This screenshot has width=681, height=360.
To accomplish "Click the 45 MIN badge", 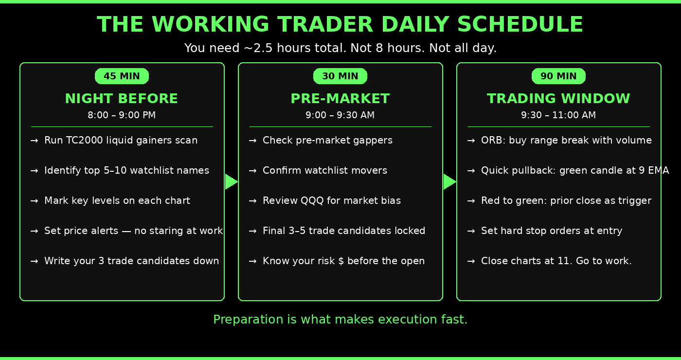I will coord(122,76).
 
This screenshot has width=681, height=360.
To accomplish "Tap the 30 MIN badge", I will coord(340,76).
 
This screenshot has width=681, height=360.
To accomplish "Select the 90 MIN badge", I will coord(558,76).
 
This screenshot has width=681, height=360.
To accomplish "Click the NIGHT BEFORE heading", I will coord(122,99).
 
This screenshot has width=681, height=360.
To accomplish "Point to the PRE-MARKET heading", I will coord(340,99).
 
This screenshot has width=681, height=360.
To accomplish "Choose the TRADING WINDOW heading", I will coord(558,99).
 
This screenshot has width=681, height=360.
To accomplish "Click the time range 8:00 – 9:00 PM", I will coord(122,115).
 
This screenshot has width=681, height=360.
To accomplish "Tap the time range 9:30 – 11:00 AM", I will coord(558,115).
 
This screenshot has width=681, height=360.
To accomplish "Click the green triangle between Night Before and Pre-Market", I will coord(231,182).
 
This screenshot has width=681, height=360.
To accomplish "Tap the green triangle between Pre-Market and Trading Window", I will coord(449,182).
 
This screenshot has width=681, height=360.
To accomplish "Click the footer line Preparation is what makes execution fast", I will coord(340,320).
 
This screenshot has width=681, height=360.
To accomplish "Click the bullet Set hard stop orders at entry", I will coord(552,231).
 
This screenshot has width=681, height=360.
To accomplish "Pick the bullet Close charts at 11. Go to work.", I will coord(556,261).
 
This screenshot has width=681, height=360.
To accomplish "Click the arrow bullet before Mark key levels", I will coord(34,201).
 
